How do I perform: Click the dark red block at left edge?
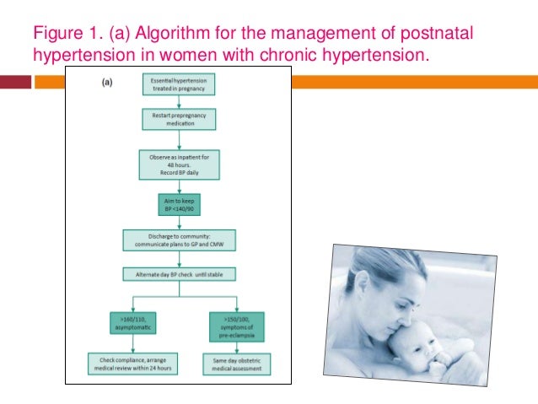pos(15,82)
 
